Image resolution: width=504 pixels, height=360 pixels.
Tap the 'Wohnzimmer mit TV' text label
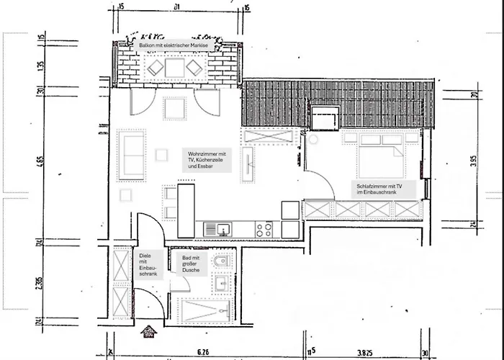(x=207, y=161)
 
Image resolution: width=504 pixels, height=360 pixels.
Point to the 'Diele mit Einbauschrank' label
(x=147, y=265)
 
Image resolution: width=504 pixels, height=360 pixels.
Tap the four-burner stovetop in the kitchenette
(x=264, y=230)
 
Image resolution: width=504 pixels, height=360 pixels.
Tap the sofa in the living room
(x=132, y=154)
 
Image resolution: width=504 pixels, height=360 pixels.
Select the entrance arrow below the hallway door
(x=150, y=332)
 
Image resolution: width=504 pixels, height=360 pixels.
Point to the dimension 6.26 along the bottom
(x=202, y=353)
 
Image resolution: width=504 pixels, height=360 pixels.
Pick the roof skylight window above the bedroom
(x=325, y=117)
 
